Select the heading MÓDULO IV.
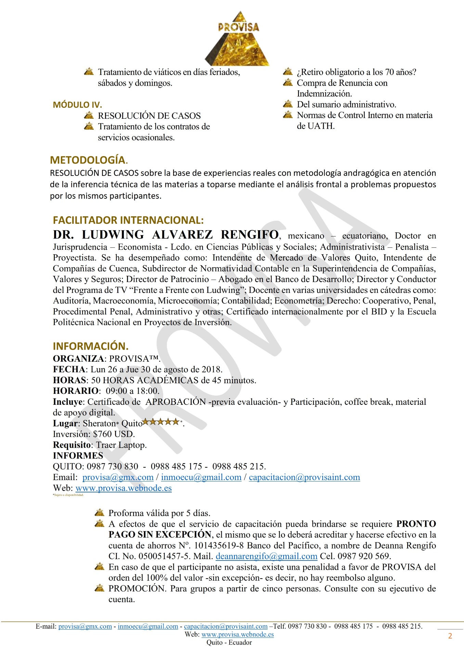point(77,105)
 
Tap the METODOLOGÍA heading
point(88,160)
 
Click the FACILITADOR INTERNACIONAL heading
point(128,220)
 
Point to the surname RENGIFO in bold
point(249,235)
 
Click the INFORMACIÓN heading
point(90,346)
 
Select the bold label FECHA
point(69,370)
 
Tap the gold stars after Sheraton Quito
point(161,422)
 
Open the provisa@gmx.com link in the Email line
point(118,477)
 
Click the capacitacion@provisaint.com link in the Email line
point(304,477)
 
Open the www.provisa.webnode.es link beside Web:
point(124,488)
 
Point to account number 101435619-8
point(219,545)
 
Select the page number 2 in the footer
point(450,636)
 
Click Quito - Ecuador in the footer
point(229,642)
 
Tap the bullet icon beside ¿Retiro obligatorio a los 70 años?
point(288,72)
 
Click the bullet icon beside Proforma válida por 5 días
point(100,513)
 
